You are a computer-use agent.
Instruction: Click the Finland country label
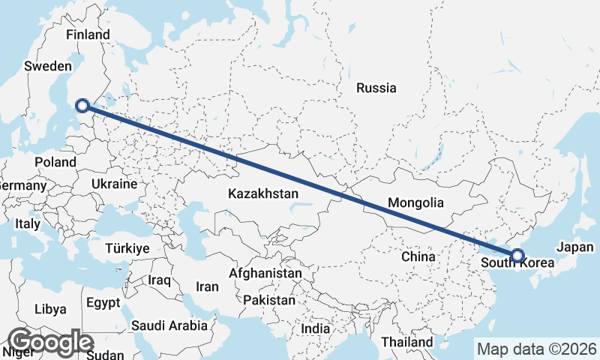click(88, 34)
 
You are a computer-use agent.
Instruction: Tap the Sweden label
click(47, 66)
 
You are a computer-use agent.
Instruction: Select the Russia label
click(376, 88)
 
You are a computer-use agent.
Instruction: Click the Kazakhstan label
click(263, 193)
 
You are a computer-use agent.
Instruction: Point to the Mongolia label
click(415, 202)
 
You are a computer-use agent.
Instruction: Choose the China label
click(418, 256)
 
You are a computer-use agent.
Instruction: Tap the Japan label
click(576, 247)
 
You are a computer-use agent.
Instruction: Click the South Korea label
click(517, 263)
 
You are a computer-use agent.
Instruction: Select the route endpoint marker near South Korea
click(517, 255)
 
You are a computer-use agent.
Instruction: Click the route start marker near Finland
click(83, 106)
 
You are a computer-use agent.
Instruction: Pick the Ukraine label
click(114, 184)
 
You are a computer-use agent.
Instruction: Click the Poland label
click(55, 162)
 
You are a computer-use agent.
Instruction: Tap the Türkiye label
click(127, 248)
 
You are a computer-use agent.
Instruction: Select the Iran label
click(207, 286)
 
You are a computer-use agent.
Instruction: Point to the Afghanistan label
click(265, 274)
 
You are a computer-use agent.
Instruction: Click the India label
click(315, 328)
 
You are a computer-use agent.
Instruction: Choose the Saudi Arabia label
click(169, 325)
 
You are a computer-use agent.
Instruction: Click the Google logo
click(50, 342)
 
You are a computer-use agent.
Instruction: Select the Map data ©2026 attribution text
click(537, 349)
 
